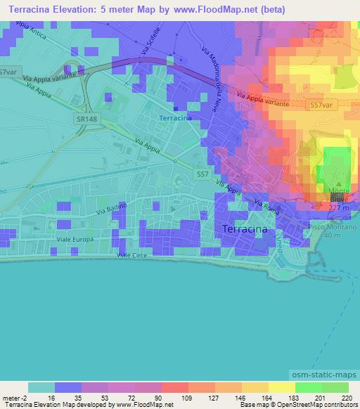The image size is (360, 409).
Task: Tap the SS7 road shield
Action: pyautogui.click(x=203, y=174)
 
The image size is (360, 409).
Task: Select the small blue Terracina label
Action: pyautogui.click(x=176, y=118)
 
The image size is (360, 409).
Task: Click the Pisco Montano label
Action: pyautogui.click(x=335, y=228)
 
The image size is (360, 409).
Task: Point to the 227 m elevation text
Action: pyautogui.click(x=339, y=207)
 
